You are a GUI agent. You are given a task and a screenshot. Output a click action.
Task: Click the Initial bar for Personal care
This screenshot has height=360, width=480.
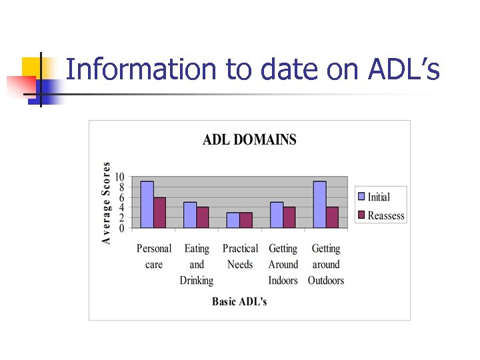pyautogui.click(x=147, y=205)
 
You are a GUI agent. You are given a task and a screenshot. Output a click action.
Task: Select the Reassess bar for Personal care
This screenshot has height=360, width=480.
pyautogui.click(x=160, y=213)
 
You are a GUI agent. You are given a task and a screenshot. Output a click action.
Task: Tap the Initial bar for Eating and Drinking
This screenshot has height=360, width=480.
pyautogui.click(x=190, y=215)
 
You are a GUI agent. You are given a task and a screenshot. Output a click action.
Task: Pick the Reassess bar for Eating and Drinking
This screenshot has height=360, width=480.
pyautogui.click(x=203, y=217)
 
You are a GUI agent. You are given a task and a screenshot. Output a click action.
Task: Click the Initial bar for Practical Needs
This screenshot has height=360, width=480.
pyautogui.click(x=233, y=220)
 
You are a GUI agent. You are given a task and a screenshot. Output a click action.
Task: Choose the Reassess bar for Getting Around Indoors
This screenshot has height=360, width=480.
pyautogui.click(x=289, y=217)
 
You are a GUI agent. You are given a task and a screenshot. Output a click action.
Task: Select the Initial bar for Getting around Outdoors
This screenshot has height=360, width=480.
pyautogui.click(x=319, y=205)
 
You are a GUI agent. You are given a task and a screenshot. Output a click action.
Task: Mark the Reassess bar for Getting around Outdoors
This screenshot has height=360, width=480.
pyautogui.click(x=332, y=217)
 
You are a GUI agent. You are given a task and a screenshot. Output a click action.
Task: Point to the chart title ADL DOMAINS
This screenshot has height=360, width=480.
pyautogui.click(x=249, y=139)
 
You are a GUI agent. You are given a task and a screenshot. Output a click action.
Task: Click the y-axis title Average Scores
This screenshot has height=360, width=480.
pyautogui.click(x=107, y=203)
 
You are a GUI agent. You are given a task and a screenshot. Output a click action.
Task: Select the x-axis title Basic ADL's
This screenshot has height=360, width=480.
pyautogui.click(x=239, y=301)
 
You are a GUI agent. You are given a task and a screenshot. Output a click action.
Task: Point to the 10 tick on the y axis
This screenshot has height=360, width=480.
pyautogui.click(x=119, y=177)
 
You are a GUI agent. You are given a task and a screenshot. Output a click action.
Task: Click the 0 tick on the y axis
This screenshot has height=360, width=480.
pyautogui.click(x=121, y=228)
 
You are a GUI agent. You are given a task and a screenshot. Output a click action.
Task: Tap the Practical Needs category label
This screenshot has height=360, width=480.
pyautogui.click(x=240, y=257)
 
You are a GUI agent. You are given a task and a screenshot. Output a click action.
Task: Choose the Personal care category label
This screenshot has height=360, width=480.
pyautogui.click(x=154, y=257)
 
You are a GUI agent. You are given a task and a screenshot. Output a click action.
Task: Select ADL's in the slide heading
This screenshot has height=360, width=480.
pyautogui.click(x=403, y=69)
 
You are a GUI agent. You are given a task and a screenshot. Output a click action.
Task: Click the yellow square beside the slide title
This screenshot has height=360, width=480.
pyautogui.click(x=31, y=67)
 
